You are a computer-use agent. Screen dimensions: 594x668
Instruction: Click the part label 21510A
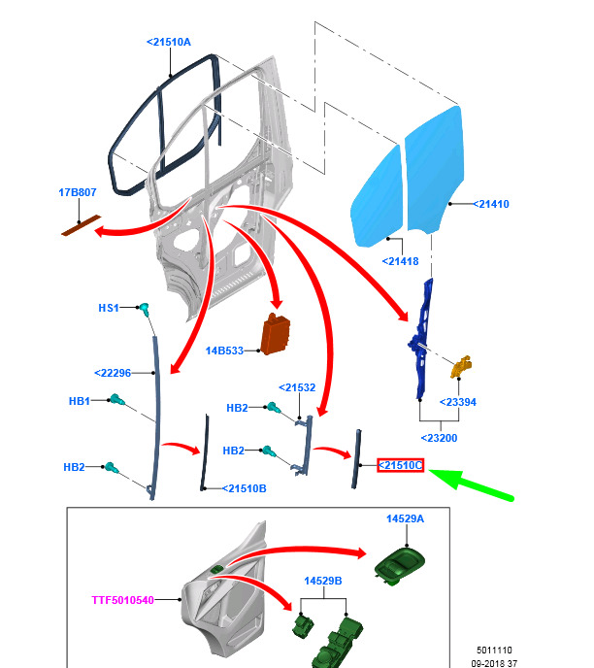[169, 42]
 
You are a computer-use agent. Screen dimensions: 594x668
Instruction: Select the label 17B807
[78, 192]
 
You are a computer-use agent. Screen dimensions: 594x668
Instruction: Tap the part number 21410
[491, 204]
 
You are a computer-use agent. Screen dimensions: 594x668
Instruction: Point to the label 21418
[400, 261]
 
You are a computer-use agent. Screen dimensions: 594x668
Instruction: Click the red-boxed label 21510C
[400, 465]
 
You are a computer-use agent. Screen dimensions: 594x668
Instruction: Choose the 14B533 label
[224, 351]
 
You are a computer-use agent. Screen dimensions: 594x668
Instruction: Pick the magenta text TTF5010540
[122, 600]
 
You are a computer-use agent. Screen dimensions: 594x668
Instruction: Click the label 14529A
[405, 518]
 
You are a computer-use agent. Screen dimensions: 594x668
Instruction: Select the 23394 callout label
[458, 402]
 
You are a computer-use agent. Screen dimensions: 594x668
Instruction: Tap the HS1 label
[109, 308]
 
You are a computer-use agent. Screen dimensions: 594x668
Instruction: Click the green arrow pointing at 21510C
[471, 484]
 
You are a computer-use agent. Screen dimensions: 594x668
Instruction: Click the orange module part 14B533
[276, 334]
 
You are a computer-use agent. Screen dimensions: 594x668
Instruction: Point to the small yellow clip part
[461, 367]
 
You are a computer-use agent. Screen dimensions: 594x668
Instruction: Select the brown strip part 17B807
[82, 225]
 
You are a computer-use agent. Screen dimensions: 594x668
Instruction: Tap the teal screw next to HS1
[145, 310]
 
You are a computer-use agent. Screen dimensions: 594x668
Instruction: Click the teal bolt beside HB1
[116, 400]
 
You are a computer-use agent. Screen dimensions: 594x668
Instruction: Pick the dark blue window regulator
[421, 339]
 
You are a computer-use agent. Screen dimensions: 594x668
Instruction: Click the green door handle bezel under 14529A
[400, 565]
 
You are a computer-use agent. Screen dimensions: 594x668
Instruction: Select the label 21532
[297, 387]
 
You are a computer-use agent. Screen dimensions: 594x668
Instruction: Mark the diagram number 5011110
[494, 651]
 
